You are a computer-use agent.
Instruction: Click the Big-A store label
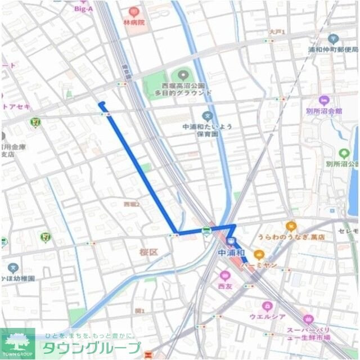click(x=83, y=8)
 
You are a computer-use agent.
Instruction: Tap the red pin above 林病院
click(x=133, y=11)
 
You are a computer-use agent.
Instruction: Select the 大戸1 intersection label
click(x=277, y=32)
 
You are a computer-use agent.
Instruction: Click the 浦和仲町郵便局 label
click(x=332, y=49)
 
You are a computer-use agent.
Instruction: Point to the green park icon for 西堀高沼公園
click(x=182, y=74)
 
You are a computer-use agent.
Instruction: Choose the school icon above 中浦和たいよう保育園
click(x=207, y=116)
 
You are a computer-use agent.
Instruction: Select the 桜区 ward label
click(x=148, y=253)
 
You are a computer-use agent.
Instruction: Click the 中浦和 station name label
click(x=231, y=253)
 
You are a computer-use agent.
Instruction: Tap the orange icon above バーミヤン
click(x=259, y=254)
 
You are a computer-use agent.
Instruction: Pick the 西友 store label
click(x=225, y=286)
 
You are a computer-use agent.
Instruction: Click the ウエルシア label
click(x=267, y=317)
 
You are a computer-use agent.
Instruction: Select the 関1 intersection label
click(x=139, y=310)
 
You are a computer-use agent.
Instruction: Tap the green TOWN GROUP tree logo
click(x=17, y=342)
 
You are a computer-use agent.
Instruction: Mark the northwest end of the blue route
click(x=100, y=103)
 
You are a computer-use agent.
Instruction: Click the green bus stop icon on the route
click(x=206, y=231)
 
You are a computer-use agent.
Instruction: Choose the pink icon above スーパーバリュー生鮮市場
click(x=308, y=319)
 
